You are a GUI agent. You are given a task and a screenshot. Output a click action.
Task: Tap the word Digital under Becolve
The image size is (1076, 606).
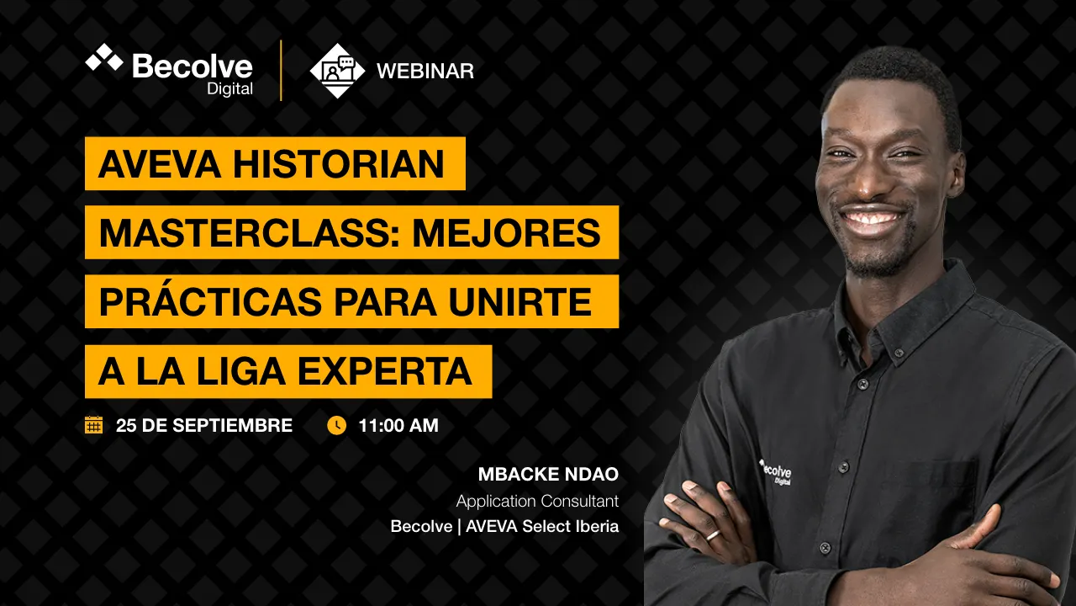pyautogui.click(x=229, y=89)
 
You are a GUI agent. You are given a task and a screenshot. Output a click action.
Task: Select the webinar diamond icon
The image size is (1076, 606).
pyautogui.click(x=337, y=71)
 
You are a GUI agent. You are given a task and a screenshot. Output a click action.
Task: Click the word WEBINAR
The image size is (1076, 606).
pyautogui.click(x=425, y=72)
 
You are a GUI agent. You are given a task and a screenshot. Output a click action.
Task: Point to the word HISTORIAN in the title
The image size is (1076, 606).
pyautogui.click(x=339, y=164)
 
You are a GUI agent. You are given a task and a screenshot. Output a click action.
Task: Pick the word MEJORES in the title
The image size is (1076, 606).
pyautogui.click(x=506, y=233)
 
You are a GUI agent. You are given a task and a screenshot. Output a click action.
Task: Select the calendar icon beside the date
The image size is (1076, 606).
pyautogui.click(x=93, y=425)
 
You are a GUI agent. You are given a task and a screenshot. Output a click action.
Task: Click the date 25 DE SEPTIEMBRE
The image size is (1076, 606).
pyautogui.click(x=204, y=426)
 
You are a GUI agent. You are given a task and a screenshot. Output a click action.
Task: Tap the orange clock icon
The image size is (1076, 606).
pyautogui.click(x=337, y=426)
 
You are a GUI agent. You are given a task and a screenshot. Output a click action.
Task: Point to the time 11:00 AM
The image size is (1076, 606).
pyautogui.click(x=398, y=426)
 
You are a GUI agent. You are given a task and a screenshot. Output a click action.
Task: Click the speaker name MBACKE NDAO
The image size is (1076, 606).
pyautogui.click(x=548, y=474)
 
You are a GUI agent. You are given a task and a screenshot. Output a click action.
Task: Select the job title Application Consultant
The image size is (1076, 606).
pyautogui.click(x=537, y=501)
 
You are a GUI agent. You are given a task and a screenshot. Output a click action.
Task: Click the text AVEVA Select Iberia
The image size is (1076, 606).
pyautogui.click(x=542, y=526)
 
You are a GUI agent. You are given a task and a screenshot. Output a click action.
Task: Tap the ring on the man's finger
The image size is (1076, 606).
pyautogui.click(x=713, y=534)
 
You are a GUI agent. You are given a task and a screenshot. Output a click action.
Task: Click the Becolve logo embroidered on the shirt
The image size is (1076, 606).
pyautogui.click(x=775, y=472)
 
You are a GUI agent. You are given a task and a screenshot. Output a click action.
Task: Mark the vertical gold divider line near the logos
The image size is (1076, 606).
pyautogui.click(x=281, y=71)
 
